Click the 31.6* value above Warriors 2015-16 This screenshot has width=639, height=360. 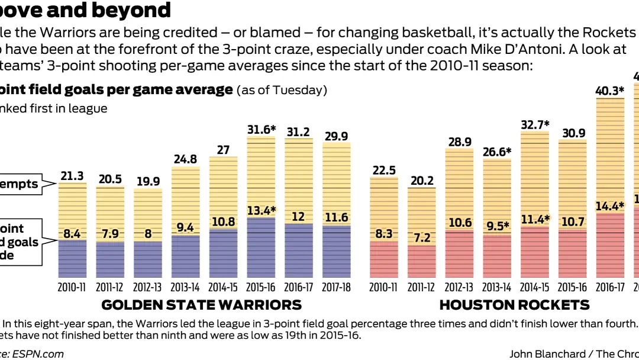(x=261, y=129)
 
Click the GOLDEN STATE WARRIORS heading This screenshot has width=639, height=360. (x=202, y=305)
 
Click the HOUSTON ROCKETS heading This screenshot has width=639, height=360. (x=514, y=305)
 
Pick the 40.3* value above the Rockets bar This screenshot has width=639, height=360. (x=610, y=91)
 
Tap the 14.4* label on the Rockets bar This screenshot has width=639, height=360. (x=610, y=206)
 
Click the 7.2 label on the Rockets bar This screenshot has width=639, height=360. (x=421, y=238)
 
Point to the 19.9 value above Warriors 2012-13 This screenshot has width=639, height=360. (x=147, y=181)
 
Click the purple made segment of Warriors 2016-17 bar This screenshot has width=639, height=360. (x=299, y=252)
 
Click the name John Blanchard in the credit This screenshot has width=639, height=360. (x=546, y=353)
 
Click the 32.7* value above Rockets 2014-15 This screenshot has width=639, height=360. (x=535, y=124)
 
